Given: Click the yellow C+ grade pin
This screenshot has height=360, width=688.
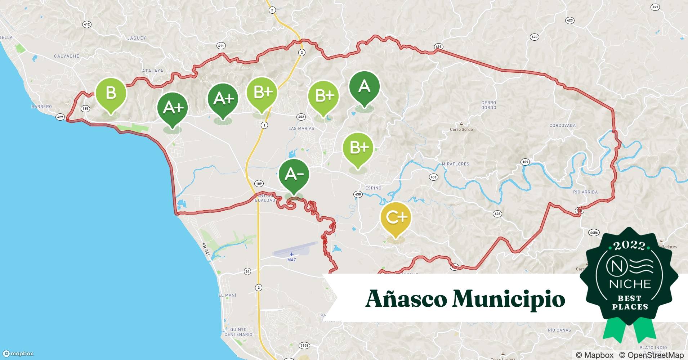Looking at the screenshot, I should pos(396,218).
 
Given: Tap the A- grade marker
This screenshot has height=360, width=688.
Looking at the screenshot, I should pos(294,174).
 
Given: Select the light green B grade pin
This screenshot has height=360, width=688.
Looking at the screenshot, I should pos(111,93).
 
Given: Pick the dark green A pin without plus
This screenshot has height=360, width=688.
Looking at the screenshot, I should pos(364,87).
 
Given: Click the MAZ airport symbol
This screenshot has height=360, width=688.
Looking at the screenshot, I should pos(291,255).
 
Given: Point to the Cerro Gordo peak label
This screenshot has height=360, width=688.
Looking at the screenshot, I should pos(461,129).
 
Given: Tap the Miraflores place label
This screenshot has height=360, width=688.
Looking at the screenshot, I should pos(455,164).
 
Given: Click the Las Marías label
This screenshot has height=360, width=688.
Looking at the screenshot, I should pos(301,128).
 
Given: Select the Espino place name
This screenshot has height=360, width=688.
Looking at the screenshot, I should pos(373,188).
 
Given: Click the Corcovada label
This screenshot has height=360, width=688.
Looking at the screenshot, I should pos(562,125).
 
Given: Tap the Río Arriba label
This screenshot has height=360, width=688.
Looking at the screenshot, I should pos(585,192).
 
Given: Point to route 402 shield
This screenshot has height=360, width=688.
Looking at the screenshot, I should pos(301,117).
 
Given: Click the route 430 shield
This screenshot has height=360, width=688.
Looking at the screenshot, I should pos(357,194).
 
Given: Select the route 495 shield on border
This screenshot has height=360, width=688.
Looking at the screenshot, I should pos(438,47).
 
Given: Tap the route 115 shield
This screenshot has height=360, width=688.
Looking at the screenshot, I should pos(85,108).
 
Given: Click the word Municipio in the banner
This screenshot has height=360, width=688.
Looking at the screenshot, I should pos(508,298).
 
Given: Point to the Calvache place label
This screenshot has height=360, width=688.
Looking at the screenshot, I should pos(66,56).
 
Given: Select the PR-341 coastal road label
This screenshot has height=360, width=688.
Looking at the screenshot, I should pos(205,249).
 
